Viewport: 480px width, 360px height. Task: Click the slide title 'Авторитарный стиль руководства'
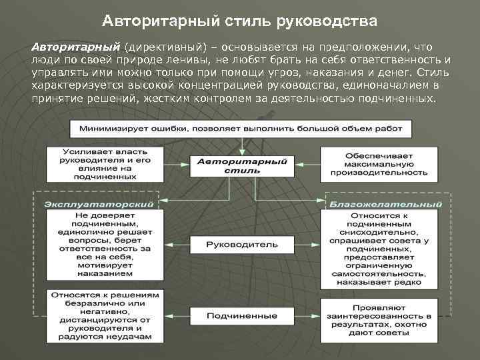[240, 21]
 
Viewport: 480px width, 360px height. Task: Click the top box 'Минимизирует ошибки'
[241, 127]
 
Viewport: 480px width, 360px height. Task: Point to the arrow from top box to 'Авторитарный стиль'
[241, 145]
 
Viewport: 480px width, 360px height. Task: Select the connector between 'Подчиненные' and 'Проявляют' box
[306, 315]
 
